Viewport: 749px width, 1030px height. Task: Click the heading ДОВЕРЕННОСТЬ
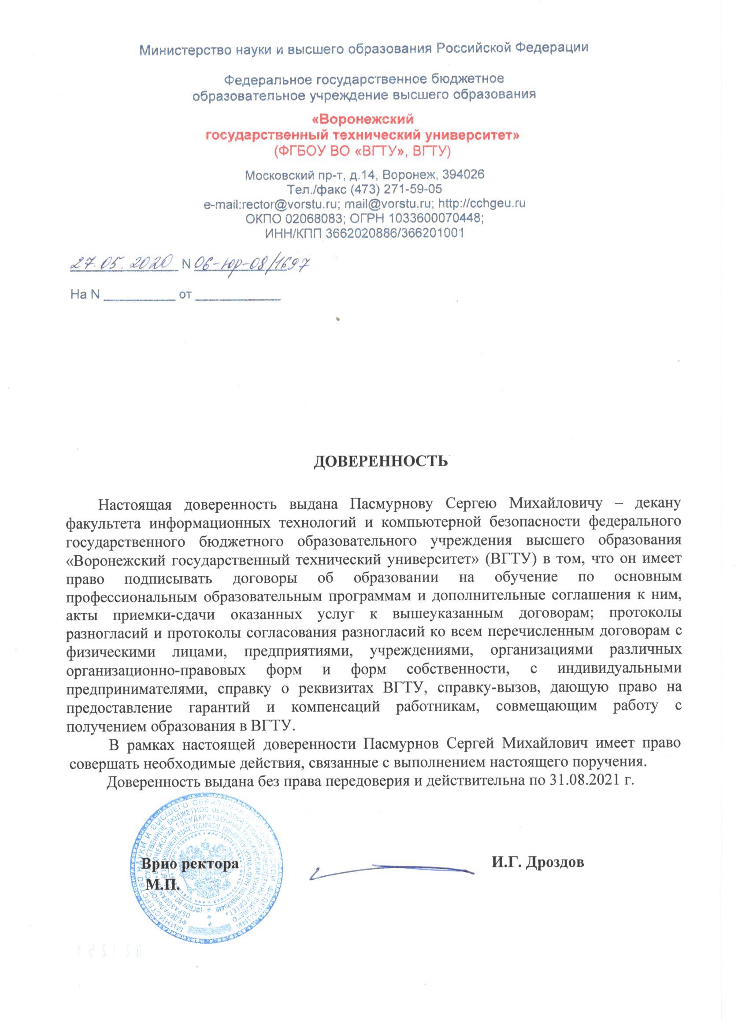click(381, 461)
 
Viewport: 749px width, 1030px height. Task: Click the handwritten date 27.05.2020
click(122, 262)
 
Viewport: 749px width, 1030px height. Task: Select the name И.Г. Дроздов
click(538, 862)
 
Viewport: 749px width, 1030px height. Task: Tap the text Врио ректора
click(190, 863)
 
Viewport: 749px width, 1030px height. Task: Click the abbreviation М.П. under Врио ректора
click(164, 884)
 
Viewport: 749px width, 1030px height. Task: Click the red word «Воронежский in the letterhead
click(363, 119)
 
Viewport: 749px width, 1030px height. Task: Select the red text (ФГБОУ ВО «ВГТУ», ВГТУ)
click(362, 150)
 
